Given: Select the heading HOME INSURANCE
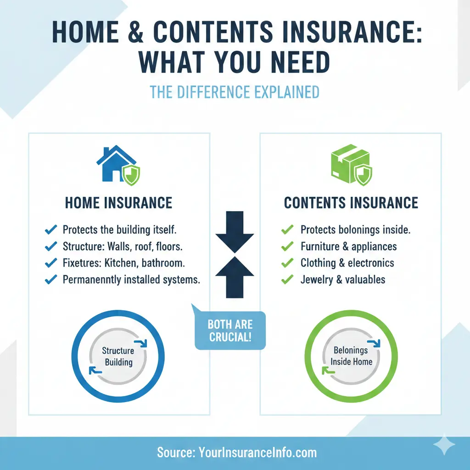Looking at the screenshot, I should click(118, 202).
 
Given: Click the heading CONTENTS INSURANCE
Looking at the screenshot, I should click(351, 202).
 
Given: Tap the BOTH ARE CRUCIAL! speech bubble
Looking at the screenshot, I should click(230, 330).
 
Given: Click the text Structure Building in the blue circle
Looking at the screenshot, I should click(118, 356).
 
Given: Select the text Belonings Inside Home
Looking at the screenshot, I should click(351, 356).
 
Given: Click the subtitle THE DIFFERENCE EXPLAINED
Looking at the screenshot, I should click(235, 92).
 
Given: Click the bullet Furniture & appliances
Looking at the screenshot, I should click(348, 246).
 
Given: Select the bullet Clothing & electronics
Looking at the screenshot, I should click(347, 263).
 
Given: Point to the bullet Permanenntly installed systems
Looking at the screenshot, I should click(131, 279).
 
